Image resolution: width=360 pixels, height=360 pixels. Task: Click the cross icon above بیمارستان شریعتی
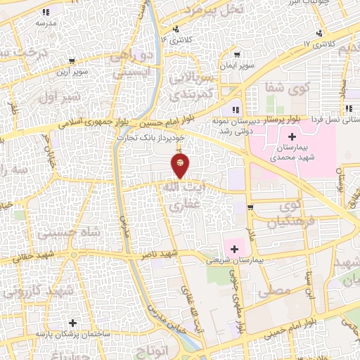(233, 248)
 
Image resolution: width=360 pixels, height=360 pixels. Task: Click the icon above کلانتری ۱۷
(319, 33)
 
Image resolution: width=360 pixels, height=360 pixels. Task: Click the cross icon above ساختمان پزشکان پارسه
(72, 323)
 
